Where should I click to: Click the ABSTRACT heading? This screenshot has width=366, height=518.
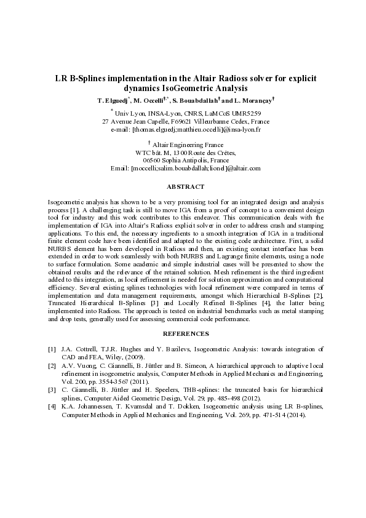click(185, 186)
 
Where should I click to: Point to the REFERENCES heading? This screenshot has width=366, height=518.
click(186, 334)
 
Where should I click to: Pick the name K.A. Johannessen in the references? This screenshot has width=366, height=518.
click(90, 407)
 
